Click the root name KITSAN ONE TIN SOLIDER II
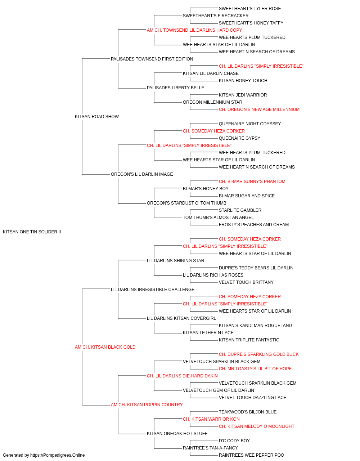point(32,232)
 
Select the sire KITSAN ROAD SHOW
point(97,117)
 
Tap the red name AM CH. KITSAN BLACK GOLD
point(105,347)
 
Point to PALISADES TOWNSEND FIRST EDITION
point(152,59)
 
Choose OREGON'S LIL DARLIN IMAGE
point(142,174)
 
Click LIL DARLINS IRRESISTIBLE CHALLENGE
point(153,289)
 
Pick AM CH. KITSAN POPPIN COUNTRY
point(147,404)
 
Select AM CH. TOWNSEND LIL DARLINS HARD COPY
point(194,30)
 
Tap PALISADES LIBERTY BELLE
point(176,88)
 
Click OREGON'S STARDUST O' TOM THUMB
point(186,203)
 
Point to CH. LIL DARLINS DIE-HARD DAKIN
point(182,376)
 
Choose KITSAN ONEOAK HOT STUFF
point(177,433)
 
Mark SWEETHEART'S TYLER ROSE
point(250,9)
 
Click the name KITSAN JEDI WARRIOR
point(243,95)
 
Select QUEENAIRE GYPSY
point(239,138)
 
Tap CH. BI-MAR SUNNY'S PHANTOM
point(252,182)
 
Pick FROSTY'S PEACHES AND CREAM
point(254,225)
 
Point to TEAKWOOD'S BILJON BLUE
point(248,412)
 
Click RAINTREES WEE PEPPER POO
point(251,455)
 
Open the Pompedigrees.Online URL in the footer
point(58,455)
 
